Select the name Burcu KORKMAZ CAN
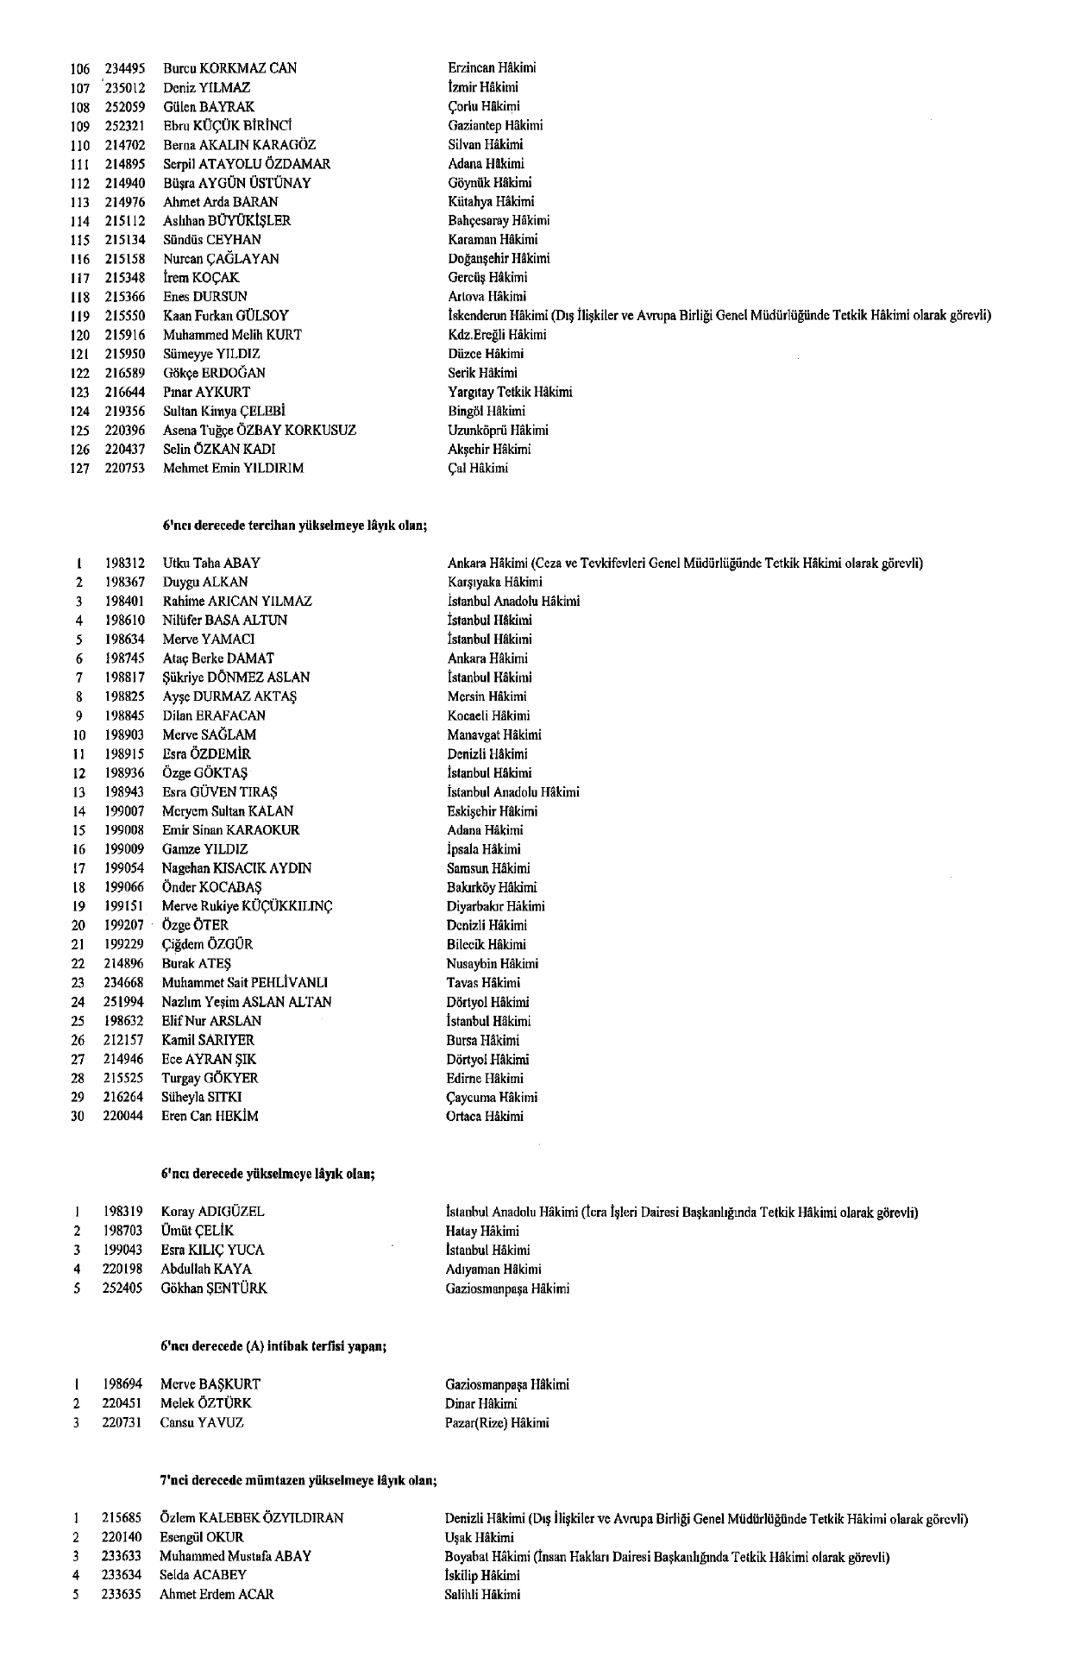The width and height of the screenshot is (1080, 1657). click(229, 68)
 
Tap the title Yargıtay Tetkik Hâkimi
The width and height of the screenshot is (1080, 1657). click(510, 392)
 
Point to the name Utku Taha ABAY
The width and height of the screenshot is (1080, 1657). click(211, 564)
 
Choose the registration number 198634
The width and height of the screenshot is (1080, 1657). click(123, 639)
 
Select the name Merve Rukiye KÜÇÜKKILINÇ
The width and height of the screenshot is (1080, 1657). click(248, 906)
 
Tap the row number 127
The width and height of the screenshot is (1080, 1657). click(80, 469)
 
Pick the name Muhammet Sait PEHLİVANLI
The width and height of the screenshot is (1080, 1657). click(245, 983)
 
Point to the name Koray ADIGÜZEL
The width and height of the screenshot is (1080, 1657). click(212, 1212)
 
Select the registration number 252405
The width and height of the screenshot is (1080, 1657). click(122, 1288)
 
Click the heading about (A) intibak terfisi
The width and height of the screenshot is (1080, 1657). click(273, 1346)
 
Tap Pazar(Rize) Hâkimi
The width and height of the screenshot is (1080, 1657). click(497, 1423)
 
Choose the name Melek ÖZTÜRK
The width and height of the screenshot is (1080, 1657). click(206, 1404)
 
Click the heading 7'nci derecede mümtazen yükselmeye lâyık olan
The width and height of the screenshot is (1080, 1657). click(298, 1481)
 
